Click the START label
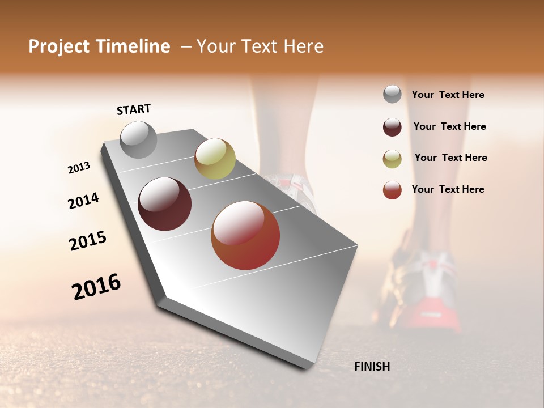(x=134, y=109)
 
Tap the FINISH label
(x=372, y=367)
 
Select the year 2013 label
(x=79, y=168)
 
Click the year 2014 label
(x=83, y=201)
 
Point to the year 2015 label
(x=88, y=240)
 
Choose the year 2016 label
(x=96, y=287)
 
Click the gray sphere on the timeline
(x=138, y=139)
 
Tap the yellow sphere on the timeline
(x=215, y=158)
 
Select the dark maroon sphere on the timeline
(x=165, y=204)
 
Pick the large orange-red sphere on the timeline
(x=245, y=235)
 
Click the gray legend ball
(x=392, y=94)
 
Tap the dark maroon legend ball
(x=392, y=127)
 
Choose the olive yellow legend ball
(x=392, y=159)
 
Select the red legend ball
(x=392, y=190)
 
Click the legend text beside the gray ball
(x=448, y=95)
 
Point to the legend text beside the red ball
(x=448, y=189)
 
